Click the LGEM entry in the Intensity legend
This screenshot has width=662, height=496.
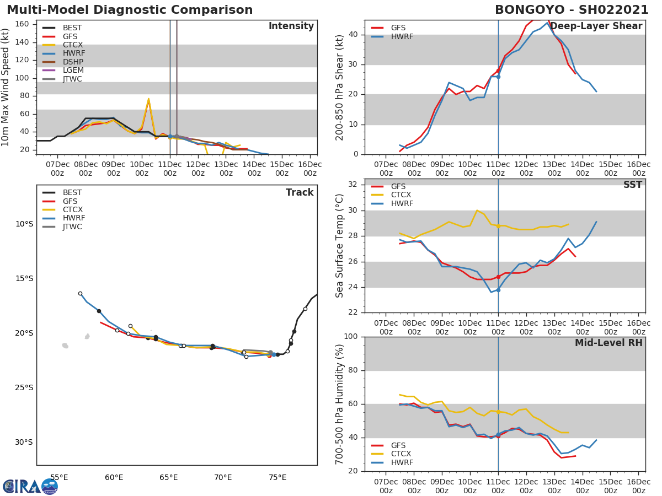71,71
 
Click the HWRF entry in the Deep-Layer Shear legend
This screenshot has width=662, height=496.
402,36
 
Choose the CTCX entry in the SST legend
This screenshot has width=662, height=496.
401,195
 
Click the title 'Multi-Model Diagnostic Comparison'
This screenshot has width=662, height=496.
130,10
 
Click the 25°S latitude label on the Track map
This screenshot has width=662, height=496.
24,387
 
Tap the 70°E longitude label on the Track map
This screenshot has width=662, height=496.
223,477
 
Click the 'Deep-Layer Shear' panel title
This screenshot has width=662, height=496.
596,26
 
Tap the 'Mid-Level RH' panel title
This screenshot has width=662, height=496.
608,343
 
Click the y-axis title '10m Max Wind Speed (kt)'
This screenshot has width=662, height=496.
6,87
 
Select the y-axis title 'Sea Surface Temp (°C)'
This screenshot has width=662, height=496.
340,245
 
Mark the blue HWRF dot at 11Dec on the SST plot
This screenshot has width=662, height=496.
498,290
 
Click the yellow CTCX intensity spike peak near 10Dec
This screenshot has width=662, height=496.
148,99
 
